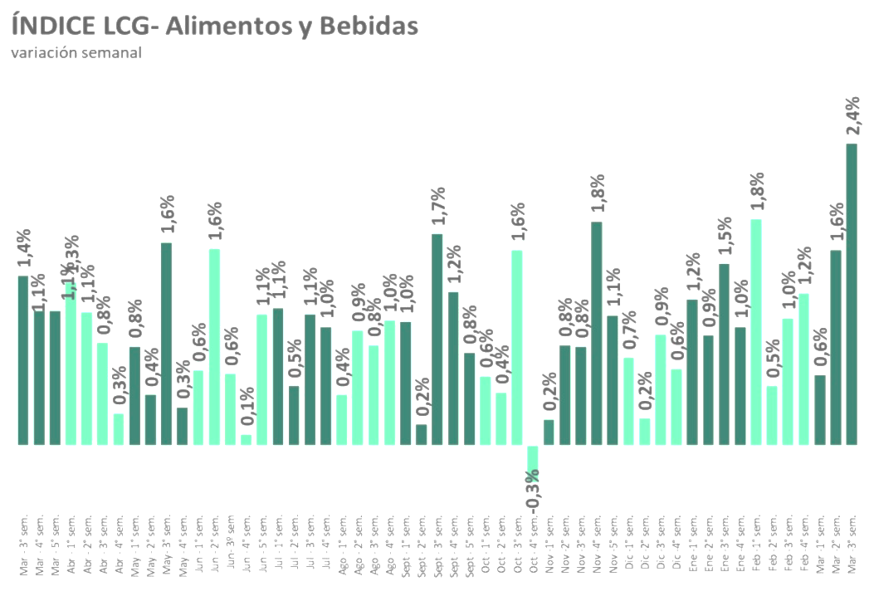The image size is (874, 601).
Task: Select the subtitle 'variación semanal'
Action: point(76,53)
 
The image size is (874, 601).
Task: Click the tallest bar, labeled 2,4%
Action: point(852,294)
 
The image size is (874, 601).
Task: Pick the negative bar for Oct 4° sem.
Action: point(533,458)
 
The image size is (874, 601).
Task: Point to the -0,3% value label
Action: point(533,490)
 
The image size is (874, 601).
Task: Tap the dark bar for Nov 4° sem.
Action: point(596,333)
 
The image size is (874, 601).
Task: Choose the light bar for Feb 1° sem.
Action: point(755,332)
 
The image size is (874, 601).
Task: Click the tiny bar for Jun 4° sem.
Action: point(246,439)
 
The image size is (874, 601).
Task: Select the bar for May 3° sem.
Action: point(166,344)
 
